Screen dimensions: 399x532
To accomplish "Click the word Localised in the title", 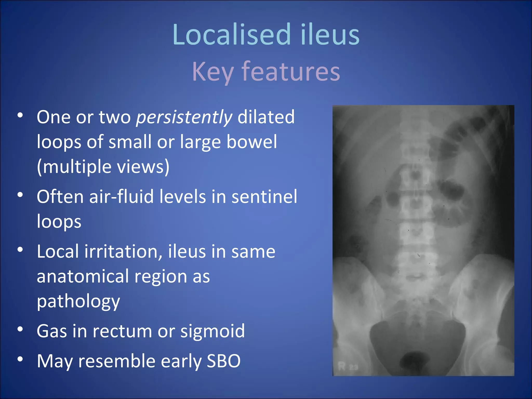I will pos(231,35).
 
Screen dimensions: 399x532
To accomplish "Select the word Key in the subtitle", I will pos(212,72).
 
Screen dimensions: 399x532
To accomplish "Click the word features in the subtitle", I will pos(291,71).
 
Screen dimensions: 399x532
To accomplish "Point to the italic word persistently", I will pos(184,117).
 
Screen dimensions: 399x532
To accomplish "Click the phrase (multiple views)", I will pos(103,167).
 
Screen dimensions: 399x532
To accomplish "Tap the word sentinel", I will pos(264,197).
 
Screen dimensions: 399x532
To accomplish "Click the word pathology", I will pos(78,301).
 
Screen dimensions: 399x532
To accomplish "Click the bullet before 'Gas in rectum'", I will pos(20,329).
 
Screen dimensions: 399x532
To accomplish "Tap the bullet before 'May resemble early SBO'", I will pos(20,359).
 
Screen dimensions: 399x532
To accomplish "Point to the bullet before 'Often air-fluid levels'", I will pos(20,195).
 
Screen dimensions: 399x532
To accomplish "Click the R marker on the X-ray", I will pos(342,366).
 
